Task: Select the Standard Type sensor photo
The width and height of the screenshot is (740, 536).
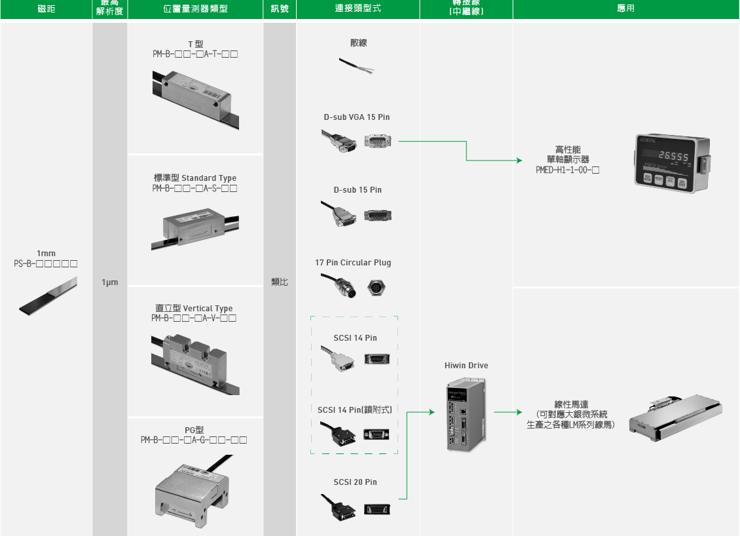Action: coord(194,226)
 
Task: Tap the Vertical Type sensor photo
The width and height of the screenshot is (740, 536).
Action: coord(194,359)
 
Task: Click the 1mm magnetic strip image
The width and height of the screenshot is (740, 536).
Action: coord(47,294)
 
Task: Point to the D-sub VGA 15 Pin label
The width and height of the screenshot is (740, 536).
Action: coord(357,117)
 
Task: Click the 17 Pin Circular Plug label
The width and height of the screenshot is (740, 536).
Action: coord(353,263)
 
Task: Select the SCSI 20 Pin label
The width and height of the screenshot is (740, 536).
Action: coord(355,482)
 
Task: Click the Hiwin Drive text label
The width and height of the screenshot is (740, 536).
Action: coord(466,366)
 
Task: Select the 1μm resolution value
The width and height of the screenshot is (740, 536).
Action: coord(110,282)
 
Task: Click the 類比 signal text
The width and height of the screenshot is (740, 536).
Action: coord(280,282)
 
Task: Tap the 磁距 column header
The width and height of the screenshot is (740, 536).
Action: coord(46,9)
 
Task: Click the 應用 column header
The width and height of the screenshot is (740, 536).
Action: coord(625,9)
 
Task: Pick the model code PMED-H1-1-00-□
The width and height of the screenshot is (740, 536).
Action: coord(568,169)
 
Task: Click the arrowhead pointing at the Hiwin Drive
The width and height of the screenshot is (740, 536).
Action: coord(432,412)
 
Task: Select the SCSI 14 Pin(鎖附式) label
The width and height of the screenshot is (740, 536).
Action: coord(355,410)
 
